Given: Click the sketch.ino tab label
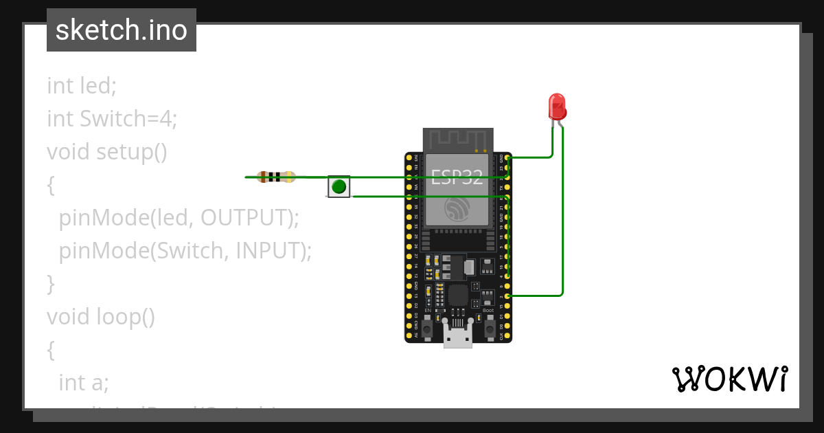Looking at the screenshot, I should tap(122, 30).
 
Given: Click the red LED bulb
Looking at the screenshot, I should tap(557, 107).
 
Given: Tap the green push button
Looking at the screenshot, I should tap(339, 186).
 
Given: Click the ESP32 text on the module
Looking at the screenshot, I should tap(457, 177).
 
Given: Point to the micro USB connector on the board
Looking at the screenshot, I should tap(457, 337).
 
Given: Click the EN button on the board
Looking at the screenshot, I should tap(427, 331).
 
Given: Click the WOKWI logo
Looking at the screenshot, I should tap(729, 379).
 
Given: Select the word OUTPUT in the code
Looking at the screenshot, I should tap(250, 218).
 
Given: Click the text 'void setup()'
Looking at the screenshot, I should tap(107, 152).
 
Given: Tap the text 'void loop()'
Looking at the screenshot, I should tap(101, 316).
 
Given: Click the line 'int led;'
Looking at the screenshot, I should tap(82, 86).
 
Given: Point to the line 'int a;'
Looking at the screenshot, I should tap(84, 382).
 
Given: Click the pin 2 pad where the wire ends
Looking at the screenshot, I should tap(507, 296).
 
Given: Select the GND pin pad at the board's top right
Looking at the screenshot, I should tap(507, 157).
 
